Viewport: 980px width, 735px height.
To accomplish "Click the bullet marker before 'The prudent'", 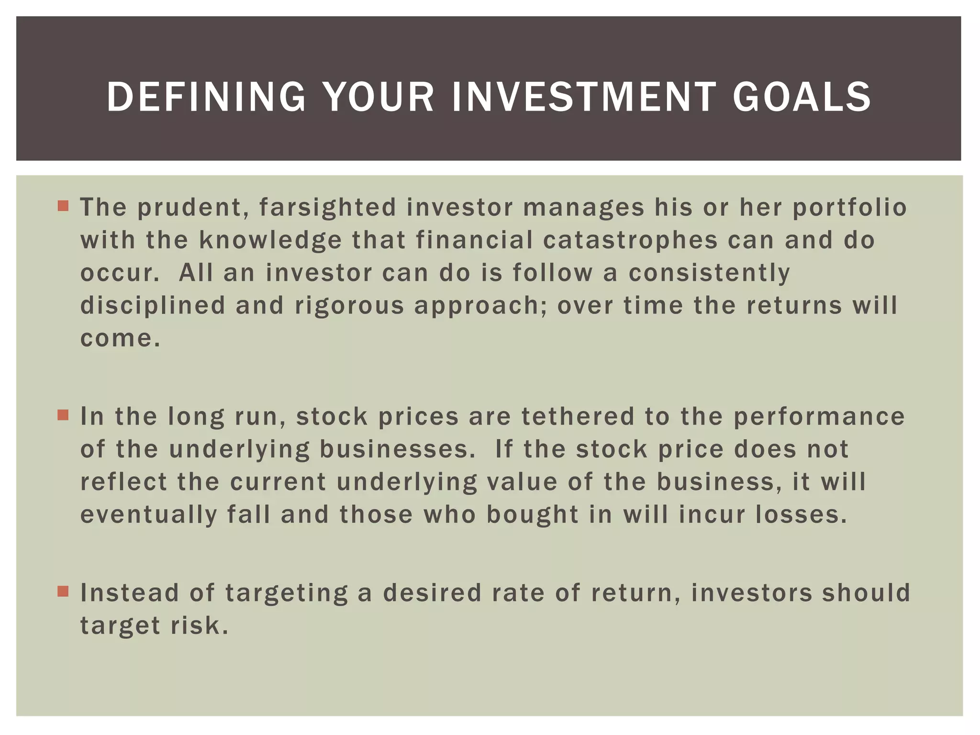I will [x=63, y=206].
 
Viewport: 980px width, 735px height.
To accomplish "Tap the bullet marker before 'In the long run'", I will [x=63, y=415].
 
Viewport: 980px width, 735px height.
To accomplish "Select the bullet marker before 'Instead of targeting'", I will [x=63, y=591].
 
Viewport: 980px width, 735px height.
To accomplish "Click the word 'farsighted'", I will [x=328, y=208].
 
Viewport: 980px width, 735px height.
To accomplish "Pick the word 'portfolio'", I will [x=849, y=208].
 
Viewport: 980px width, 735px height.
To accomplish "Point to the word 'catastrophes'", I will [x=630, y=240].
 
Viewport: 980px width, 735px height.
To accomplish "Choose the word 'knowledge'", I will [x=270, y=240].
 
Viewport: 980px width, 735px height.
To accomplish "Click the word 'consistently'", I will [x=709, y=273].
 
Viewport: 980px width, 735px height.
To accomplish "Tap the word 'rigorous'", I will [x=349, y=305].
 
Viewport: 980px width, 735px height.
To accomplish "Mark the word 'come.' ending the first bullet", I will [x=120, y=338].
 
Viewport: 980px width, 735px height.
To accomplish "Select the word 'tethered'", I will [x=578, y=416].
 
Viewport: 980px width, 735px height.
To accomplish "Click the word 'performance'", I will [x=819, y=416].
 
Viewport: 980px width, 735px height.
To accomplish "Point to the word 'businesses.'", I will [x=398, y=449].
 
